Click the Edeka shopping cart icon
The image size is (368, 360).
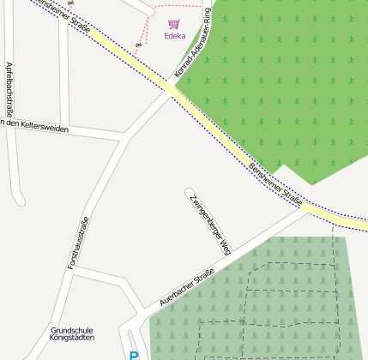[x=174, y=24]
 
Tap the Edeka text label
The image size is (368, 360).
[x=174, y=36]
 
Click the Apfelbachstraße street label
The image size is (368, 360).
[x=9, y=89]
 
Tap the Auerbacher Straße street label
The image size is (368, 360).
[x=186, y=289]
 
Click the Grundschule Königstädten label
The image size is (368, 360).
[x=77, y=334]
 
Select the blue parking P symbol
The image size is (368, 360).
[x=133, y=355]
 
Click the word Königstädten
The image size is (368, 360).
[x=77, y=339]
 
